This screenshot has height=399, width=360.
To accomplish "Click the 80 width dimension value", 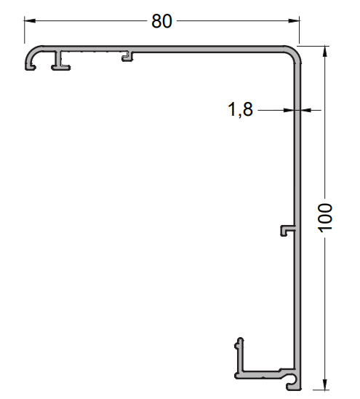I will coord(161,21).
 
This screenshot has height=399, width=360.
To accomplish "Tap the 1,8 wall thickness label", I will coord(240,110).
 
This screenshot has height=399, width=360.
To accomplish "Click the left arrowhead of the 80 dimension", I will coord(29,21).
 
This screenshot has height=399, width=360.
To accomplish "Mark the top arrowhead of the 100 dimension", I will coord(324,51).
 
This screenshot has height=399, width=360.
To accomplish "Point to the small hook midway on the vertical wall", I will coord(285,230).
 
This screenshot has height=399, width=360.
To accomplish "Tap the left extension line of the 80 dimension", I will coord(25,33).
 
